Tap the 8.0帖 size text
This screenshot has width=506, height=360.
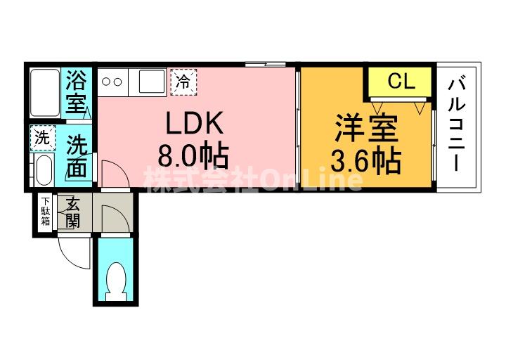[x=193, y=157]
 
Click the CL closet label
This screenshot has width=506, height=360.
[x=401, y=81]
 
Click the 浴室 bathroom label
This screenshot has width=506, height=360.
[x=75, y=92]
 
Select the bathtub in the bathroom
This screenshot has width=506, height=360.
[x=45, y=93]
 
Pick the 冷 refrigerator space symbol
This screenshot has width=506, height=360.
[x=183, y=82]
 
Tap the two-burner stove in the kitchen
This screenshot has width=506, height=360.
[x=112, y=82]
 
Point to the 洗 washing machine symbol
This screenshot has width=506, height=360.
[x=43, y=139]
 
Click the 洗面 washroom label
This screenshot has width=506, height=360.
[x=77, y=157]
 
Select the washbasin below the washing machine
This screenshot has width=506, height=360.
[x=44, y=170]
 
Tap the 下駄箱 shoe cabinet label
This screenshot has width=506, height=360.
[x=45, y=212]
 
